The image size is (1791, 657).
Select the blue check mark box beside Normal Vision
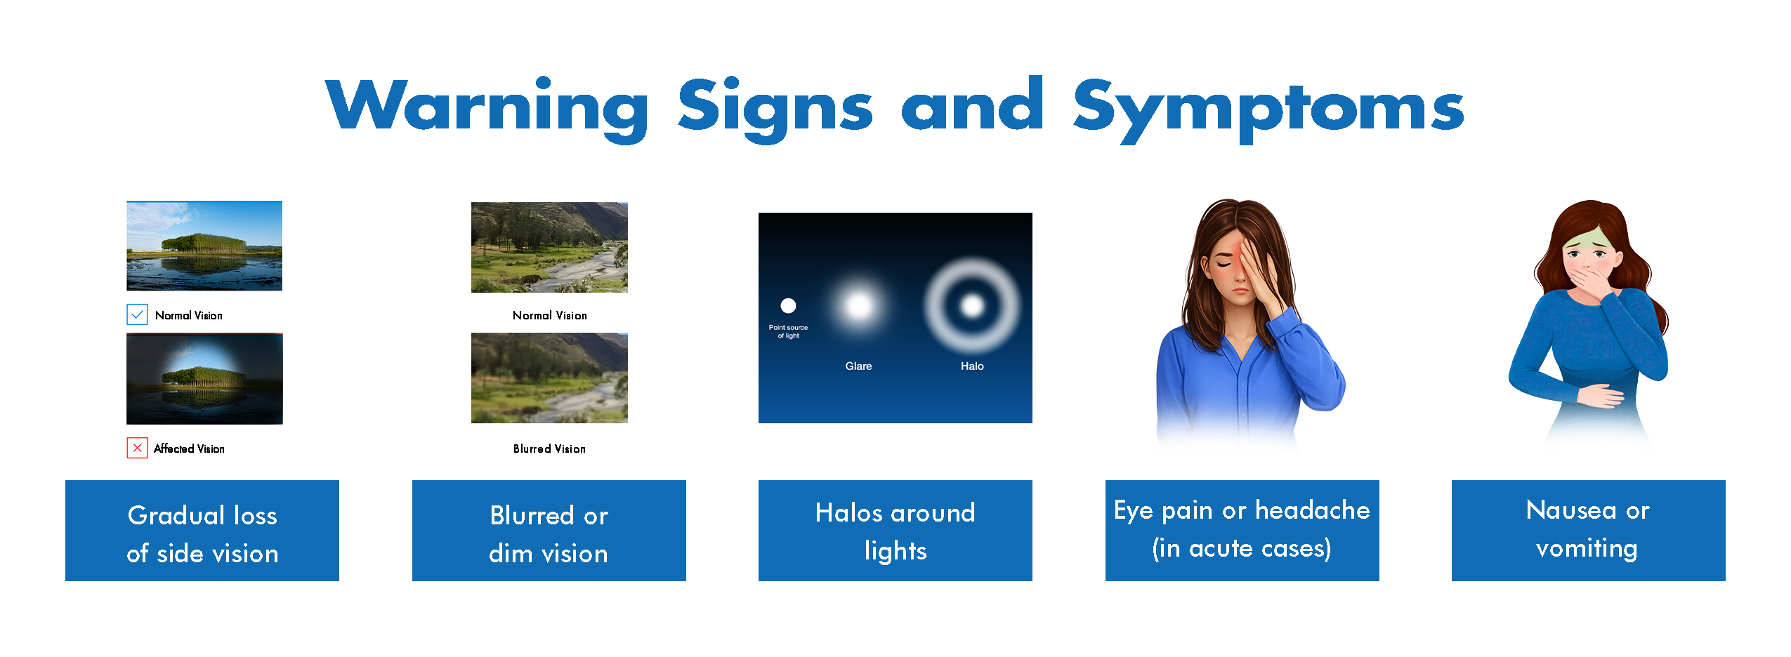(137, 314)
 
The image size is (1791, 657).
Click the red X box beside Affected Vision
(137, 448)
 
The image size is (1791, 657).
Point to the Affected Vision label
(189, 449)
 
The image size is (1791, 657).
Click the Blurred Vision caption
(549, 449)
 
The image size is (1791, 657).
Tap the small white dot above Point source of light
(788, 305)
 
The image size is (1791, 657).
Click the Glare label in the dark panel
(858, 366)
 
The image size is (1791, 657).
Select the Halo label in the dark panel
(972, 366)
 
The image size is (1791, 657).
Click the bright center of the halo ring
(972, 305)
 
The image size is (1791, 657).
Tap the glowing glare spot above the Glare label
(858, 305)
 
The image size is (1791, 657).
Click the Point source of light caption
(788, 331)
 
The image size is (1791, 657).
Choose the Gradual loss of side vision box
(202, 531)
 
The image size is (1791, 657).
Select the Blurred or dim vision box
(549, 531)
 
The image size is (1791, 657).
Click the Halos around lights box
(895, 531)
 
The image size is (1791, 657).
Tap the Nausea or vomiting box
(1589, 531)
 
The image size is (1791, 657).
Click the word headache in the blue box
(1313, 510)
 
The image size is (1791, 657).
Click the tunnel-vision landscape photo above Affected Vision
(204, 378)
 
